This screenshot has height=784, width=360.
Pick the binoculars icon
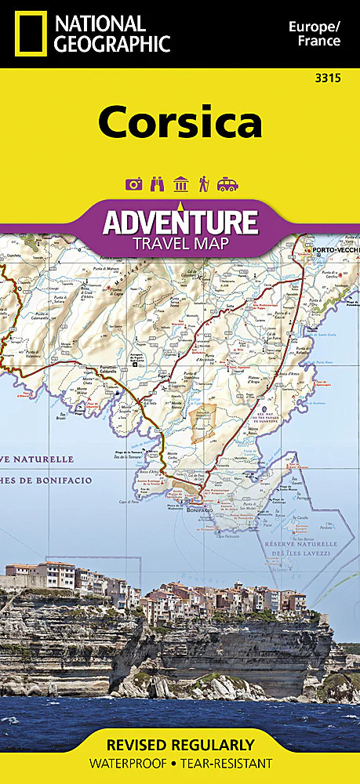(157, 184)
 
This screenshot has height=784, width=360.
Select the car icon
(227, 184)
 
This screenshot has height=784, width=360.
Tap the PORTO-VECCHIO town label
(335, 250)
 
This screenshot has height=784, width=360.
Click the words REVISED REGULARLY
(180, 745)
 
